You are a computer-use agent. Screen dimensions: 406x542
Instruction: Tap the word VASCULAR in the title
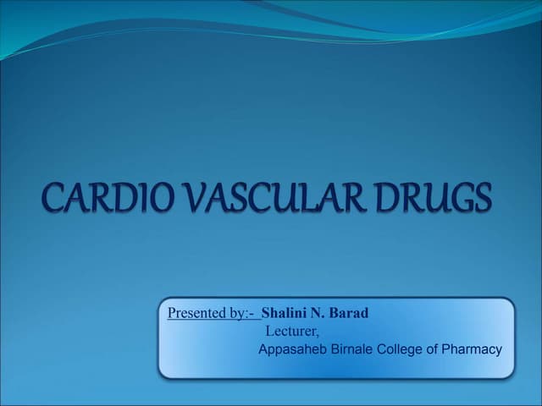[x=271, y=199]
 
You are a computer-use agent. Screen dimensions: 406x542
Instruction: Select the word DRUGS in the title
[x=432, y=199]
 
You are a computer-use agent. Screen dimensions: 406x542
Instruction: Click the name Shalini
[x=284, y=313]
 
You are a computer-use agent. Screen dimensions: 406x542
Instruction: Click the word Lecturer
[x=290, y=331]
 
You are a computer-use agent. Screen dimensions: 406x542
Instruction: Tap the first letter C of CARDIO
[x=53, y=199]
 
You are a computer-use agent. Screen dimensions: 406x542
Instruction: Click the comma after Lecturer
[x=318, y=334]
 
